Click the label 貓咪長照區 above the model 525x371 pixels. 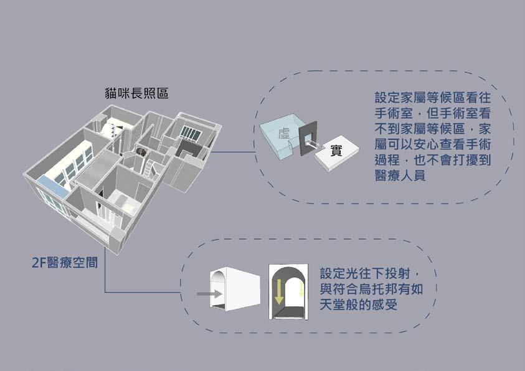(136, 93)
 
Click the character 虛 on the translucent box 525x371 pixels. (284, 133)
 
